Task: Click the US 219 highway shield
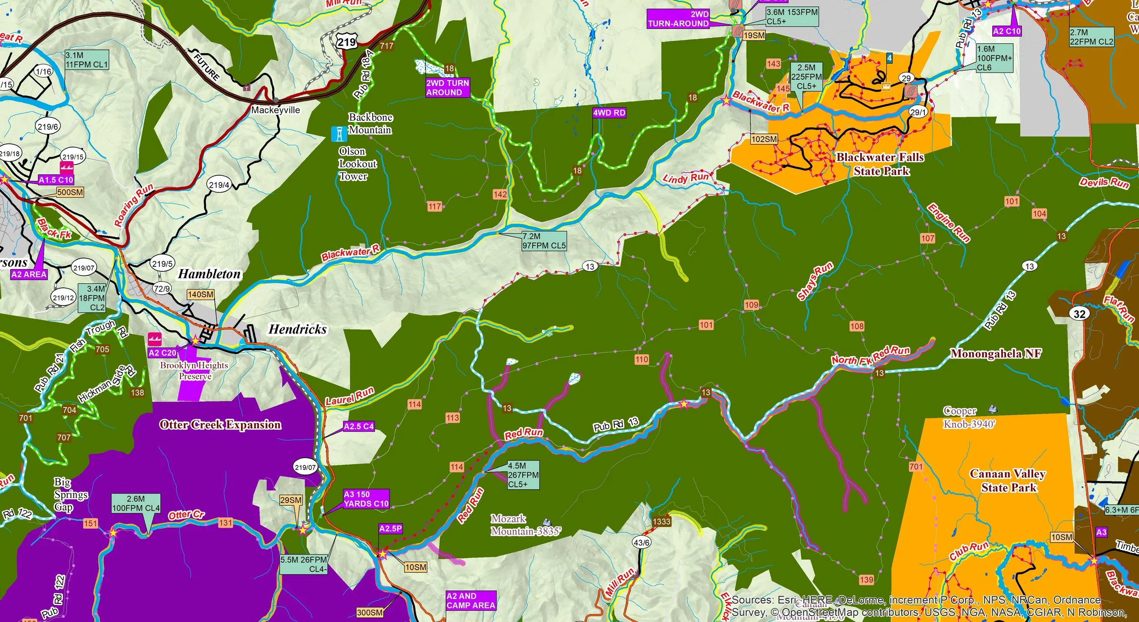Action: [x=346, y=42]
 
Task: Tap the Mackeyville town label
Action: [x=276, y=110]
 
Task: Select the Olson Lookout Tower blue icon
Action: [x=339, y=133]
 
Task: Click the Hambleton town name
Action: [x=209, y=274]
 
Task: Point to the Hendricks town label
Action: [x=298, y=329]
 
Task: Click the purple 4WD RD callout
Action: [x=609, y=112]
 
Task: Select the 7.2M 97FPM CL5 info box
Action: [x=544, y=241]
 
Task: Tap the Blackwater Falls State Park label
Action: [x=880, y=164]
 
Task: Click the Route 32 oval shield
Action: [x=1080, y=313]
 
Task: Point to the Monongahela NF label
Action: [x=995, y=353]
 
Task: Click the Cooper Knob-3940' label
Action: [x=969, y=418]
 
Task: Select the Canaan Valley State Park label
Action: [x=1008, y=480]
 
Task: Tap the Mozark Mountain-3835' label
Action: [x=525, y=525]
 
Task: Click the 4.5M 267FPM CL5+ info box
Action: [x=523, y=475]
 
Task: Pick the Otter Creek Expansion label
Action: [x=220, y=424]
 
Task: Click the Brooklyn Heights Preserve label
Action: [x=194, y=370]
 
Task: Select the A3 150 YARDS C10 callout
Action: [x=366, y=499]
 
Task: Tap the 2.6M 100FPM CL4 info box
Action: [x=136, y=503]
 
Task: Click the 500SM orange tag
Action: [x=70, y=192]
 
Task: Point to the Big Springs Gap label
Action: [x=70, y=494]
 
